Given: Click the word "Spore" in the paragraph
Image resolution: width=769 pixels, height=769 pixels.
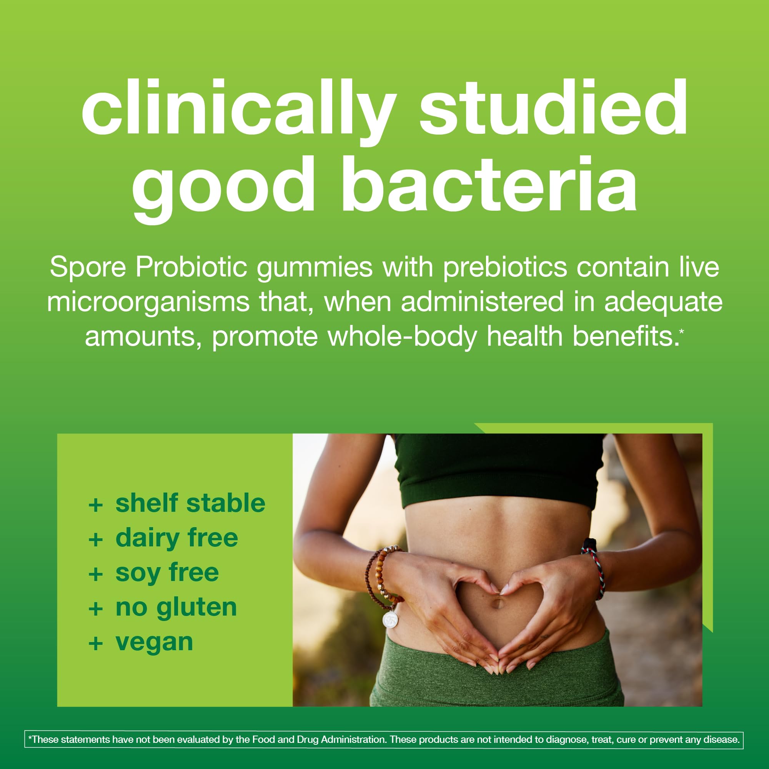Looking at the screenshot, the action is point(88,267).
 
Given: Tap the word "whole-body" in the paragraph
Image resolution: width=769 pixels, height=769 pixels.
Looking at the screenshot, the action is point(403,336).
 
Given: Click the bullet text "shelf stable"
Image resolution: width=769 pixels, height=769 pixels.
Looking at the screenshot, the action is point(190,503).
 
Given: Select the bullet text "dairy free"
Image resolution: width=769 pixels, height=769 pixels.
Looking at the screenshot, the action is point(177,538).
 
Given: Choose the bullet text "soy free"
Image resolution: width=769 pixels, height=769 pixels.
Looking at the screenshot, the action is point(167,573).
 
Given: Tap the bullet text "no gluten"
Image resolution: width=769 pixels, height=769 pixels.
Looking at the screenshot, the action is point(176,608).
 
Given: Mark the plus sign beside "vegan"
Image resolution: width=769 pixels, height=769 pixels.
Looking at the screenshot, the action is point(95,644).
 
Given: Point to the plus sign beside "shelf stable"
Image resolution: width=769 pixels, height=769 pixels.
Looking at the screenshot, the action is point(95,505).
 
